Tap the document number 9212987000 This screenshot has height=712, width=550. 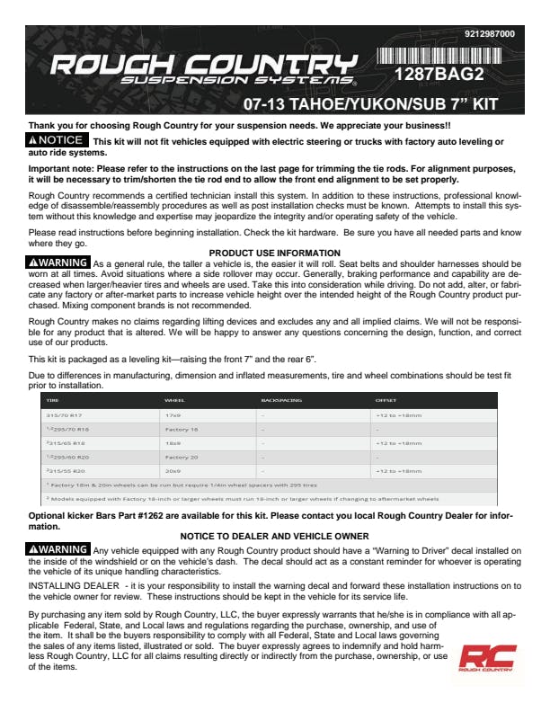point(490,34)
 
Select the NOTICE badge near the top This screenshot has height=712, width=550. point(58,140)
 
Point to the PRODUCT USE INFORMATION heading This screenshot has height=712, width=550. point(274,253)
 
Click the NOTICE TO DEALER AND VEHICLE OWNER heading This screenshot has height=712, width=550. point(274,536)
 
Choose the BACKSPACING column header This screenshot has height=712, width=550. point(281,399)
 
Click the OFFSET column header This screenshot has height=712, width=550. point(386,399)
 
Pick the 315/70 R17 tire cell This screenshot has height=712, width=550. point(66,415)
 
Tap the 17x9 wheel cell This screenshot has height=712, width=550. point(173,415)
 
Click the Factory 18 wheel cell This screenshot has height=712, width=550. point(182,430)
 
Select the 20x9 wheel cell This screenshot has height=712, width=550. point(173,471)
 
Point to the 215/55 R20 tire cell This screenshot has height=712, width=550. point(66,471)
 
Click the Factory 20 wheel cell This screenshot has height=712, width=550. point(182,458)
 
